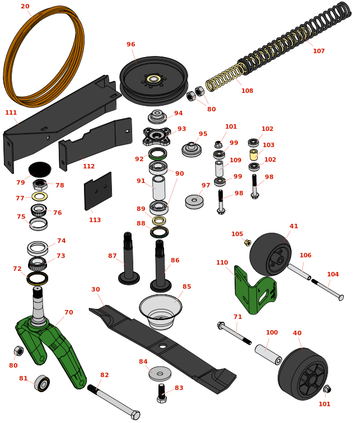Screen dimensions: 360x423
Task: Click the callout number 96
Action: [131, 44]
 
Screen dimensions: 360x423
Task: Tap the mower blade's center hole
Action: [162, 346]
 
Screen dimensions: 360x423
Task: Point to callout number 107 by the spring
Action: [319, 51]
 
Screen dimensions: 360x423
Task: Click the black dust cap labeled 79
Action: [40, 170]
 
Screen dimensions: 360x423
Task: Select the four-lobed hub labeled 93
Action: [157, 136]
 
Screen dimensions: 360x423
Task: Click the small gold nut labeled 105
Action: [247, 242]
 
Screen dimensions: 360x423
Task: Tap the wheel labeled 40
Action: [303, 374]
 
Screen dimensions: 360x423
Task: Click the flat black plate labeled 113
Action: [98, 191]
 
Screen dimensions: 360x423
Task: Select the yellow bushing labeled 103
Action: [254, 154]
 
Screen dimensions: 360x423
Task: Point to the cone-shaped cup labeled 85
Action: [161, 312]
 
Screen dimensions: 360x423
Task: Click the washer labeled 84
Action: [160, 374]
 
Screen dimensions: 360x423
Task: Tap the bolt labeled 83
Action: [162, 393]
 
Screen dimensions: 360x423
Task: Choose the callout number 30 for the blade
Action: [96, 289]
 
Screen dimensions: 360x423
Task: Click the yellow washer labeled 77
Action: [40, 196]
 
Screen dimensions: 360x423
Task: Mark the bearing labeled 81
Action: [42, 383]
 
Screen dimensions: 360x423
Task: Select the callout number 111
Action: [11, 112]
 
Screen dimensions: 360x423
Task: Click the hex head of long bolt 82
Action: [135, 415]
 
